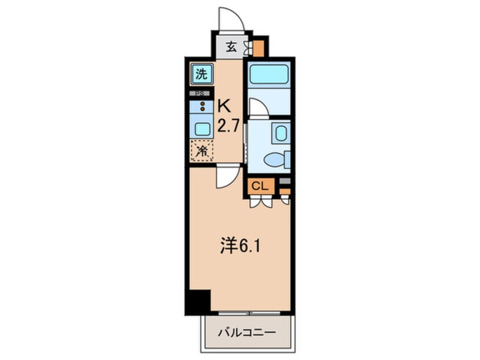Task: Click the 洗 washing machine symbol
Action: click(201, 73)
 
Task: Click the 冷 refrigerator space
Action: click(201, 151)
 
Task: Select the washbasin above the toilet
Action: click(280, 134)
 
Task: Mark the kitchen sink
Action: click(202, 128)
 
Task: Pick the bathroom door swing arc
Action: click(257, 108)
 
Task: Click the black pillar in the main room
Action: click(198, 300)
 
